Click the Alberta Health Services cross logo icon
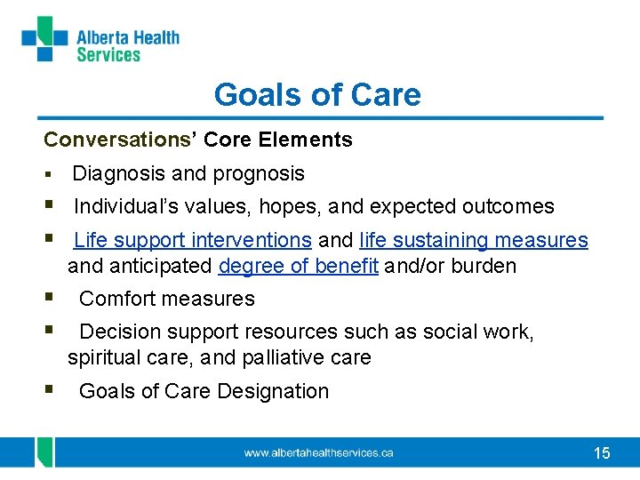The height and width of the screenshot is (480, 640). tap(44, 38)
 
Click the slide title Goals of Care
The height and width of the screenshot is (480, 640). tap(317, 94)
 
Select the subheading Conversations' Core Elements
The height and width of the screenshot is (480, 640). tap(198, 140)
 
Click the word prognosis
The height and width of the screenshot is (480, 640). tap(265, 173)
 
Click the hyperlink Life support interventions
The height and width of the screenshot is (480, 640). tap(192, 240)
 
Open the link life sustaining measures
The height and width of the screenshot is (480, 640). tap(474, 240)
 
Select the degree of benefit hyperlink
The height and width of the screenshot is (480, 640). tap(298, 266)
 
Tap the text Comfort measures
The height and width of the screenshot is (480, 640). tap(167, 299)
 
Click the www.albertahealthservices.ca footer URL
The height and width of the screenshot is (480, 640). tap(319, 452)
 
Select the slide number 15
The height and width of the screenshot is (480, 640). tap(602, 453)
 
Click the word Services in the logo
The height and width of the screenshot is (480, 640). tap(108, 55)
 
